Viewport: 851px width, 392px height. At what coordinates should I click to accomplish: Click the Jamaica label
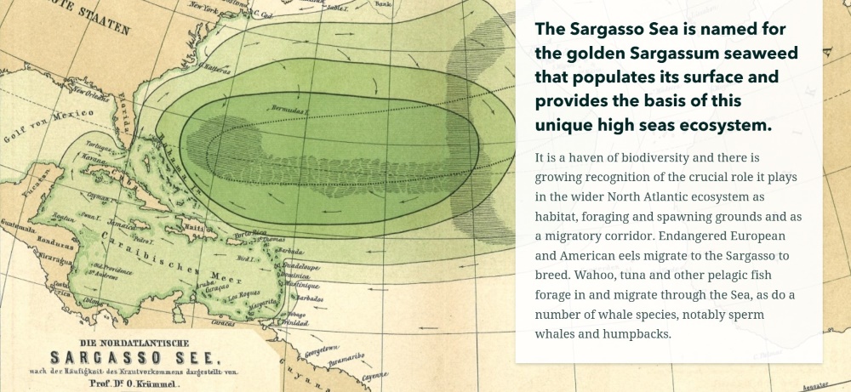[x=123, y=225]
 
